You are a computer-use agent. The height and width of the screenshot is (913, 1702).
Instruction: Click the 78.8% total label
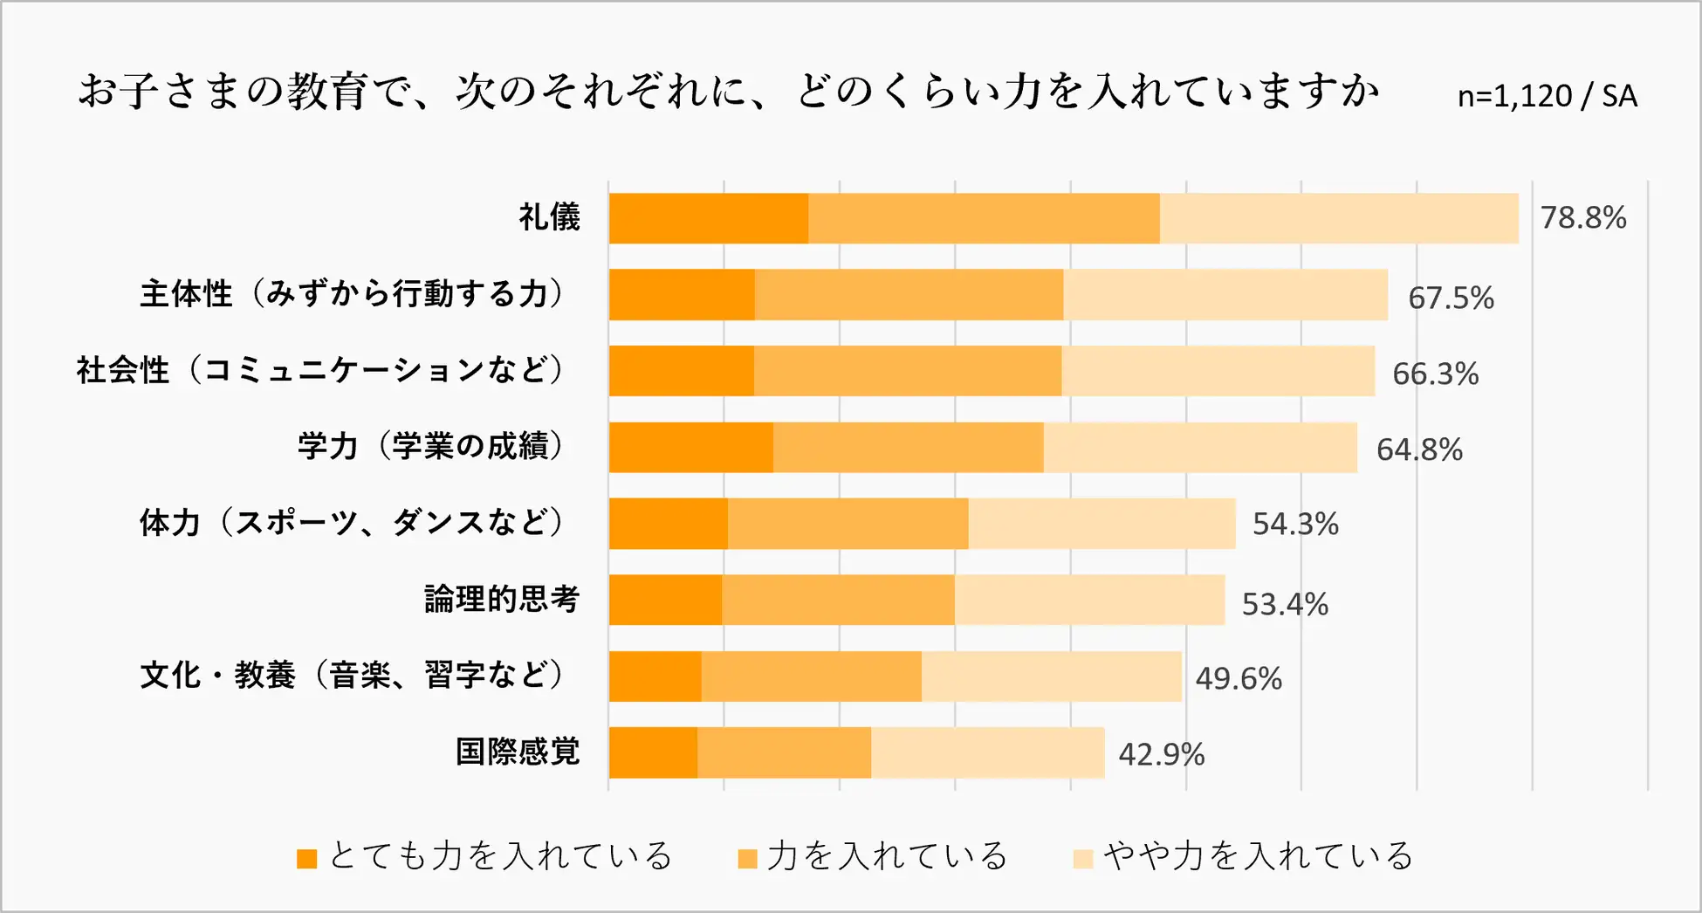pyautogui.click(x=1582, y=218)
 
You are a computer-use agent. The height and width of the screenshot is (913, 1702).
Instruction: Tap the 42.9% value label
pyautogui.click(x=1161, y=754)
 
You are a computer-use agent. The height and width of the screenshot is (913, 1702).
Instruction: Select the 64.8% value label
pyautogui.click(x=1419, y=450)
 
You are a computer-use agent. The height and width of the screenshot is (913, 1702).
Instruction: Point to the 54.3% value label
pyautogui.click(x=1295, y=525)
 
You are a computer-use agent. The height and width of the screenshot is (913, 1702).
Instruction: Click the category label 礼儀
pyautogui.click(x=549, y=217)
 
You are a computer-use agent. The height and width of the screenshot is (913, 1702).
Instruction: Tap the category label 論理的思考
pyautogui.click(x=502, y=600)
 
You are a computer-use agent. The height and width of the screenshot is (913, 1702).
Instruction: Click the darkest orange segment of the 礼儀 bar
pyautogui.click(x=708, y=218)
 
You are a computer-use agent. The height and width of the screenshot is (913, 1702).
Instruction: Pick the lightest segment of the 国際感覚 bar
pyautogui.click(x=987, y=752)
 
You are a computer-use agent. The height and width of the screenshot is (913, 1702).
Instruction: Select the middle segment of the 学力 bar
pyautogui.click(x=908, y=448)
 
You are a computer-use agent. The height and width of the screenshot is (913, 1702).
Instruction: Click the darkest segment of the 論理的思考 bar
pyautogui.click(x=665, y=600)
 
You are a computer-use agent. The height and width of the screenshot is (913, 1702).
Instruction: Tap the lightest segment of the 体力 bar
pyautogui.click(x=1101, y=524)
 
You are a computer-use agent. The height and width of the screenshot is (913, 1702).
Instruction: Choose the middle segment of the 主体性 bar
pyautogui.click(x=909, y=295)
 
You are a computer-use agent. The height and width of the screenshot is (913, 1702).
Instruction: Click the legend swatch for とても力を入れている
pyautogui.click(x=306, y=859)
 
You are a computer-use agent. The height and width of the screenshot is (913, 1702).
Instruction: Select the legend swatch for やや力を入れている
pyautogui.click(x=1082, y=859)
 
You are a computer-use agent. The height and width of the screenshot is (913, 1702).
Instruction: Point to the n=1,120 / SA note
pyautogui.click(x=1547, y=96)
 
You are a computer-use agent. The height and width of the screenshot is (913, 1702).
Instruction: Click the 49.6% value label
pyautogui.click(x=1238, y=679)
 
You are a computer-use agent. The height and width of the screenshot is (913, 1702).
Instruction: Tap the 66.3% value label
pyautogui.click(x=1435, y=374)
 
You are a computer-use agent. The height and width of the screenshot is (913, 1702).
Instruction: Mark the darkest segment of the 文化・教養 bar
pyautogui.click(x=655, y=676)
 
